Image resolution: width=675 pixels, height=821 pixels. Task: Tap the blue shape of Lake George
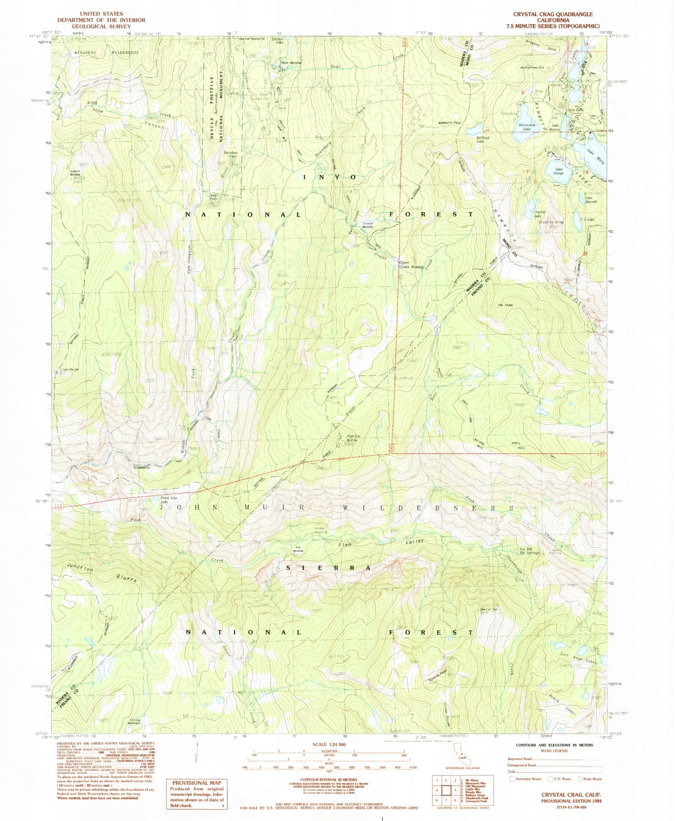(x=556, y=168)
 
